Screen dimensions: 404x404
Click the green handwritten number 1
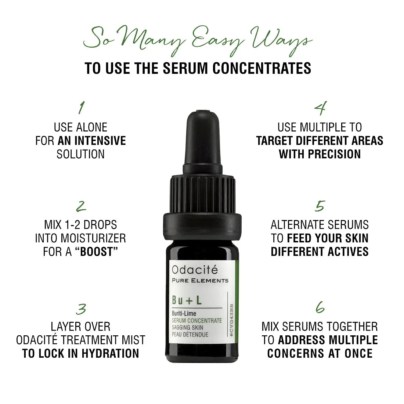click(82, 108)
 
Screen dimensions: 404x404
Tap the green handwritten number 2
click(81, 206)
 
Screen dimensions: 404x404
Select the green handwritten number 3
click(81, 309)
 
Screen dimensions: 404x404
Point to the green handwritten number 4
click(320, 108)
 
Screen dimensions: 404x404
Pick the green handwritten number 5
click(320, 206)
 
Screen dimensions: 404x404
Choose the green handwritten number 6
click(320, 307)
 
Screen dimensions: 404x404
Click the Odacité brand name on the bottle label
click(195, 270)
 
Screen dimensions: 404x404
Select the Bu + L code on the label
click(187, 300)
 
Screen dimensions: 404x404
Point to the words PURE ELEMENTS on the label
click(200, 281)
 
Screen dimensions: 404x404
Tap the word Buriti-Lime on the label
click(184, 314)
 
